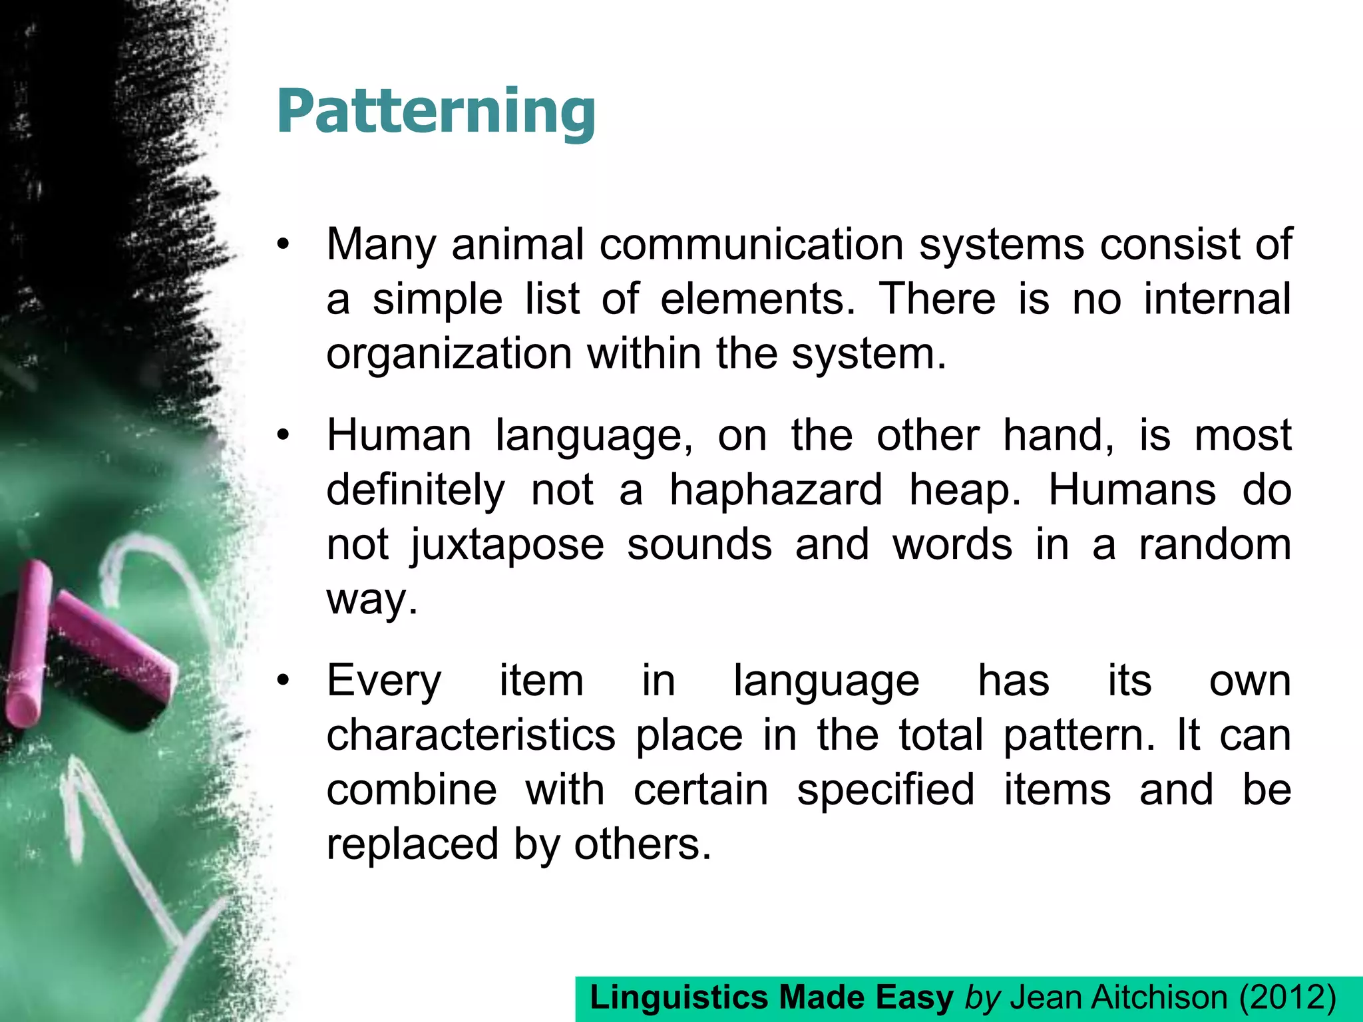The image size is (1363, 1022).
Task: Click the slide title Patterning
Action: pyautogui.click(x=436, y=111)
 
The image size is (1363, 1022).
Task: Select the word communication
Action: pyautogui.click(x=751, y=244)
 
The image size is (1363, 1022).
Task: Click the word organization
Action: pyautogui.click(x=449, y=354)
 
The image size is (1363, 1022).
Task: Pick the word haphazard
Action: pyautogui.click(x=775, y=490)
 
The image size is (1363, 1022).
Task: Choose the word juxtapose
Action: pyautogui.click(x=507, y=545)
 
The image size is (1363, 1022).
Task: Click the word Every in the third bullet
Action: pyautogui.click(x=384, y=681)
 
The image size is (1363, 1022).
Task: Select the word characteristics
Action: pyautogui.click(x=471, y=735)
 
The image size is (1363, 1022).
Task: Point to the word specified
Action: pyautogui.click(x=886, y=790)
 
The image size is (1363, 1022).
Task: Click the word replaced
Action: pyautogui.click(x=412, y=844)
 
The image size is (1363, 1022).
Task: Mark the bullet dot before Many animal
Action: pyautogui.click(x=284, y=246)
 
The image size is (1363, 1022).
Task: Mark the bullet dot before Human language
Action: pyautogui.click(x=284, y=436)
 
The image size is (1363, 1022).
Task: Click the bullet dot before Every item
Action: pyautogui.click(x=284, y=681)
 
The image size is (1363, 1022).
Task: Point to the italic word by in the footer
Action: pyautogui.click(x=982, y=998)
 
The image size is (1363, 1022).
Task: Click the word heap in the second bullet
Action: pyautogui.click(x=964, y=491)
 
